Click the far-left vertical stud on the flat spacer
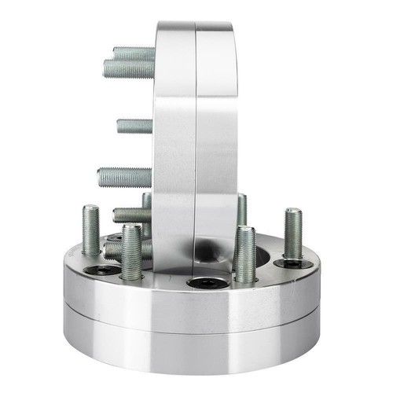90,229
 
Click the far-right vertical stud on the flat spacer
293,233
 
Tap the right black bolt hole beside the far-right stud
296,264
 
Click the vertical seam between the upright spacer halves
195,141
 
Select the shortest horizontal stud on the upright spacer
134,126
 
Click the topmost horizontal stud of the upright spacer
134,53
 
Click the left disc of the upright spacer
174,141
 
